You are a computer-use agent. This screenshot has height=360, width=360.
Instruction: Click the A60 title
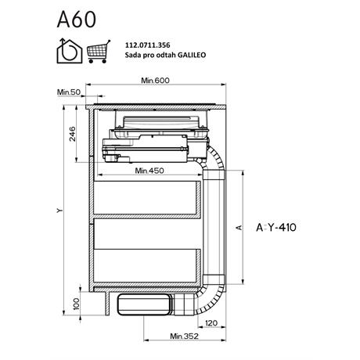(x=77, y=20)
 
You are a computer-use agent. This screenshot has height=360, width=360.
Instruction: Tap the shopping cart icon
(x=99, y=52)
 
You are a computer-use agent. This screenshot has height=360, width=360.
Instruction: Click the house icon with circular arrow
(x=70, y=51)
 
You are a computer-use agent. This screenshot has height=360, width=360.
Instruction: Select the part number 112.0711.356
(x=148, y=45)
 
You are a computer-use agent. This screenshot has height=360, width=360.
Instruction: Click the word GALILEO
(x=192, y=55)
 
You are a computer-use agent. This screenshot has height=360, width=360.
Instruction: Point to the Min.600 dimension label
(x=155, y=80)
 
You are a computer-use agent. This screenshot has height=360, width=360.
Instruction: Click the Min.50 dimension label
(x=69, y=92)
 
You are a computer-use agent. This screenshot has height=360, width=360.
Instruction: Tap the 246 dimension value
(x=72, y=134)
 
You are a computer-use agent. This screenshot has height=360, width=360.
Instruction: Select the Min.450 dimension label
(x=149, y=171)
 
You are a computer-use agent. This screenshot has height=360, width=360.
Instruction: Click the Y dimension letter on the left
(x=60, y=210)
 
